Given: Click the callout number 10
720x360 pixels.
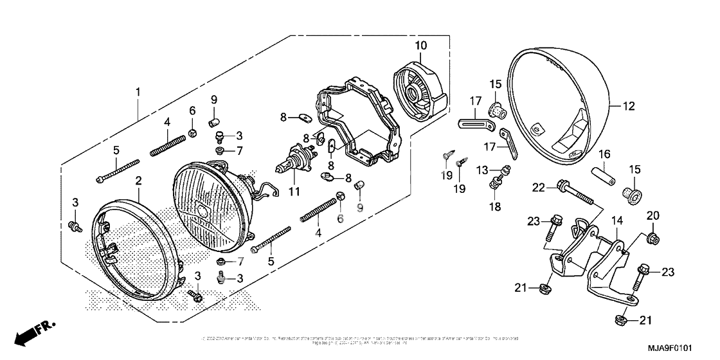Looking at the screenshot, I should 420,45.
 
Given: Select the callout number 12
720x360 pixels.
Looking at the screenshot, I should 628,107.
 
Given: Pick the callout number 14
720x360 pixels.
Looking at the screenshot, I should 616,220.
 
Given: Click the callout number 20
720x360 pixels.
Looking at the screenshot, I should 652,215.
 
